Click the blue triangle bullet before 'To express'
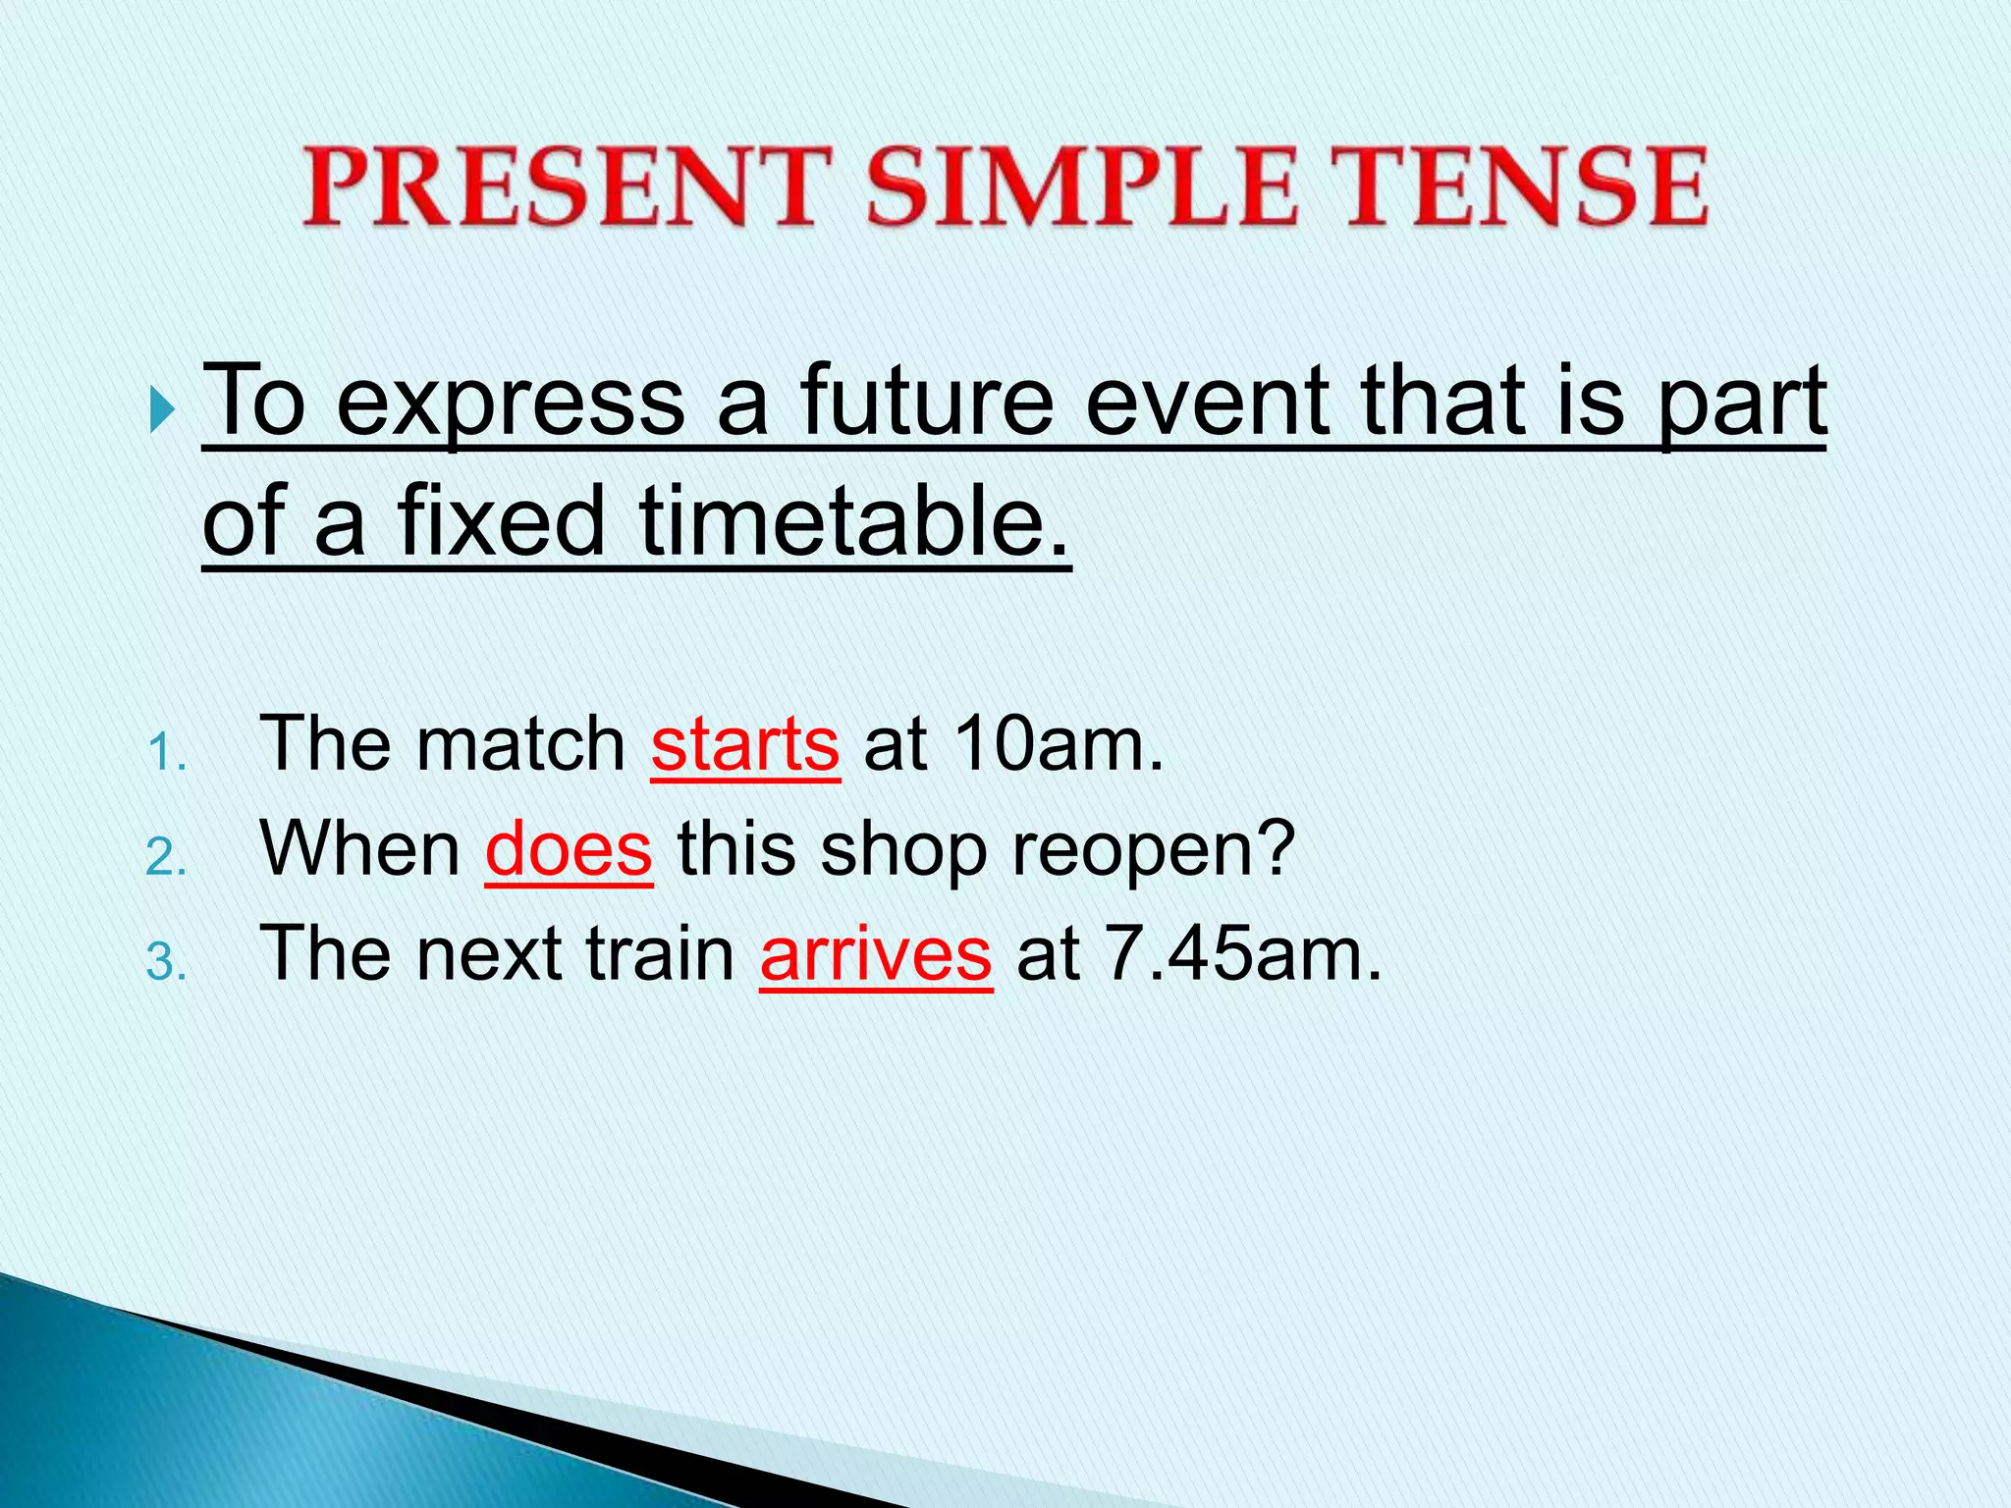[162, 408]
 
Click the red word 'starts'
[745, 744]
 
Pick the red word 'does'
[569, 849]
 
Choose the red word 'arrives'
[876, 954]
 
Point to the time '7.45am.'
[1242, 954]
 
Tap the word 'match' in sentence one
[520, 744]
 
